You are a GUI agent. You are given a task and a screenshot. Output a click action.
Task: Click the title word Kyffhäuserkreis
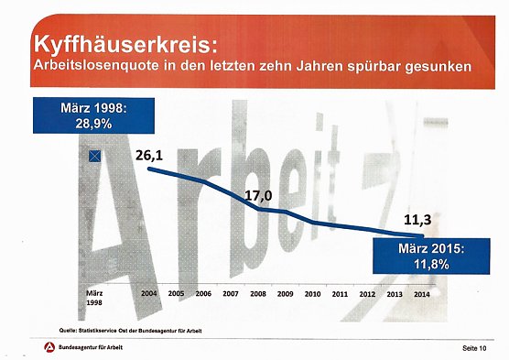click(119, 43)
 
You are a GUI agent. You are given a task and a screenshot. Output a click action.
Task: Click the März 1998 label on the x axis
click(94, 300)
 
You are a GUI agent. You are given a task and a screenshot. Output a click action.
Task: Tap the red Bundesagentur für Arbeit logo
click(48, 346)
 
